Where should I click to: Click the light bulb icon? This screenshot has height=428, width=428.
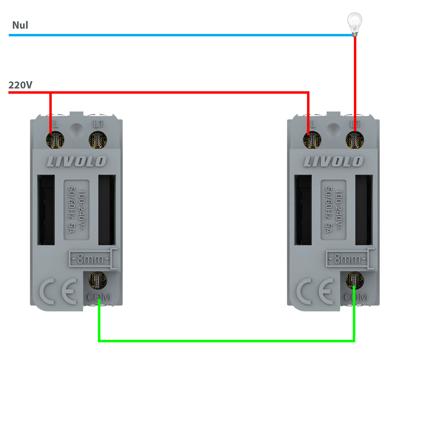355,24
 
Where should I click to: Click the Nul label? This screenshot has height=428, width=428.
20,25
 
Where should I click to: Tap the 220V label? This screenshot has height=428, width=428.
20,85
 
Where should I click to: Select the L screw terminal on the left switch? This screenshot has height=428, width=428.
55,141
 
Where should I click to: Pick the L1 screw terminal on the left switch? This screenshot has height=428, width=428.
98,141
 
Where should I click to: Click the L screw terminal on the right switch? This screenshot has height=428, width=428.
312,141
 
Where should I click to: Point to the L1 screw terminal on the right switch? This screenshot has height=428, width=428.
355,141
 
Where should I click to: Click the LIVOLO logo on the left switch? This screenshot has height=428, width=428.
77,162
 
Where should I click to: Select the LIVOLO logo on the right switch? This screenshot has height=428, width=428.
334,162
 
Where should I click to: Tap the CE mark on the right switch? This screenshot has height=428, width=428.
315,291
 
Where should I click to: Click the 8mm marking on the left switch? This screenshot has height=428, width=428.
90,259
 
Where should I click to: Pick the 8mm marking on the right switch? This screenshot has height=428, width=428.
347,259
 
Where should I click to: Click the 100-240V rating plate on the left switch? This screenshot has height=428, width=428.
77,210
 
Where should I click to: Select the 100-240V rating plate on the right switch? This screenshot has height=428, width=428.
334,210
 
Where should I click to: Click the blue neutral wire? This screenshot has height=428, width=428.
175,35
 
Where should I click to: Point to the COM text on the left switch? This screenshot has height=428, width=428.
99,298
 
